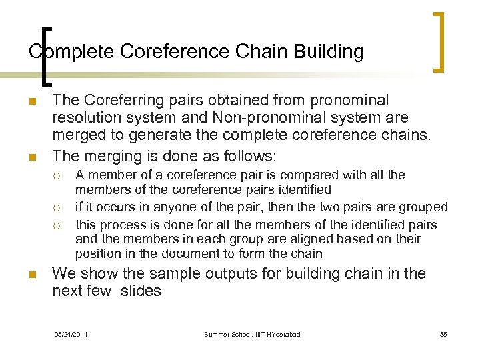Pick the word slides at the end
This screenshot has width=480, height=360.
pos(141,291)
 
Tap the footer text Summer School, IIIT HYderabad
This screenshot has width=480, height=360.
pos(252,334)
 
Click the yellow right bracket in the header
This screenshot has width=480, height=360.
pos(440,41)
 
